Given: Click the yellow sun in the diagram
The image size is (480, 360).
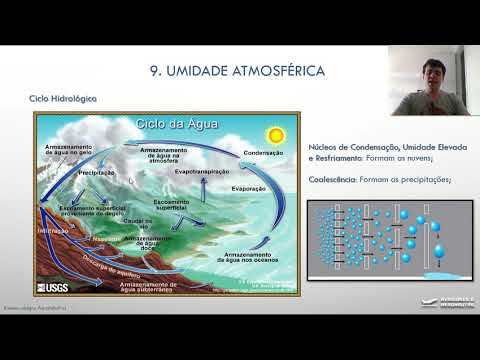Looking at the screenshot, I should (271, 135).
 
